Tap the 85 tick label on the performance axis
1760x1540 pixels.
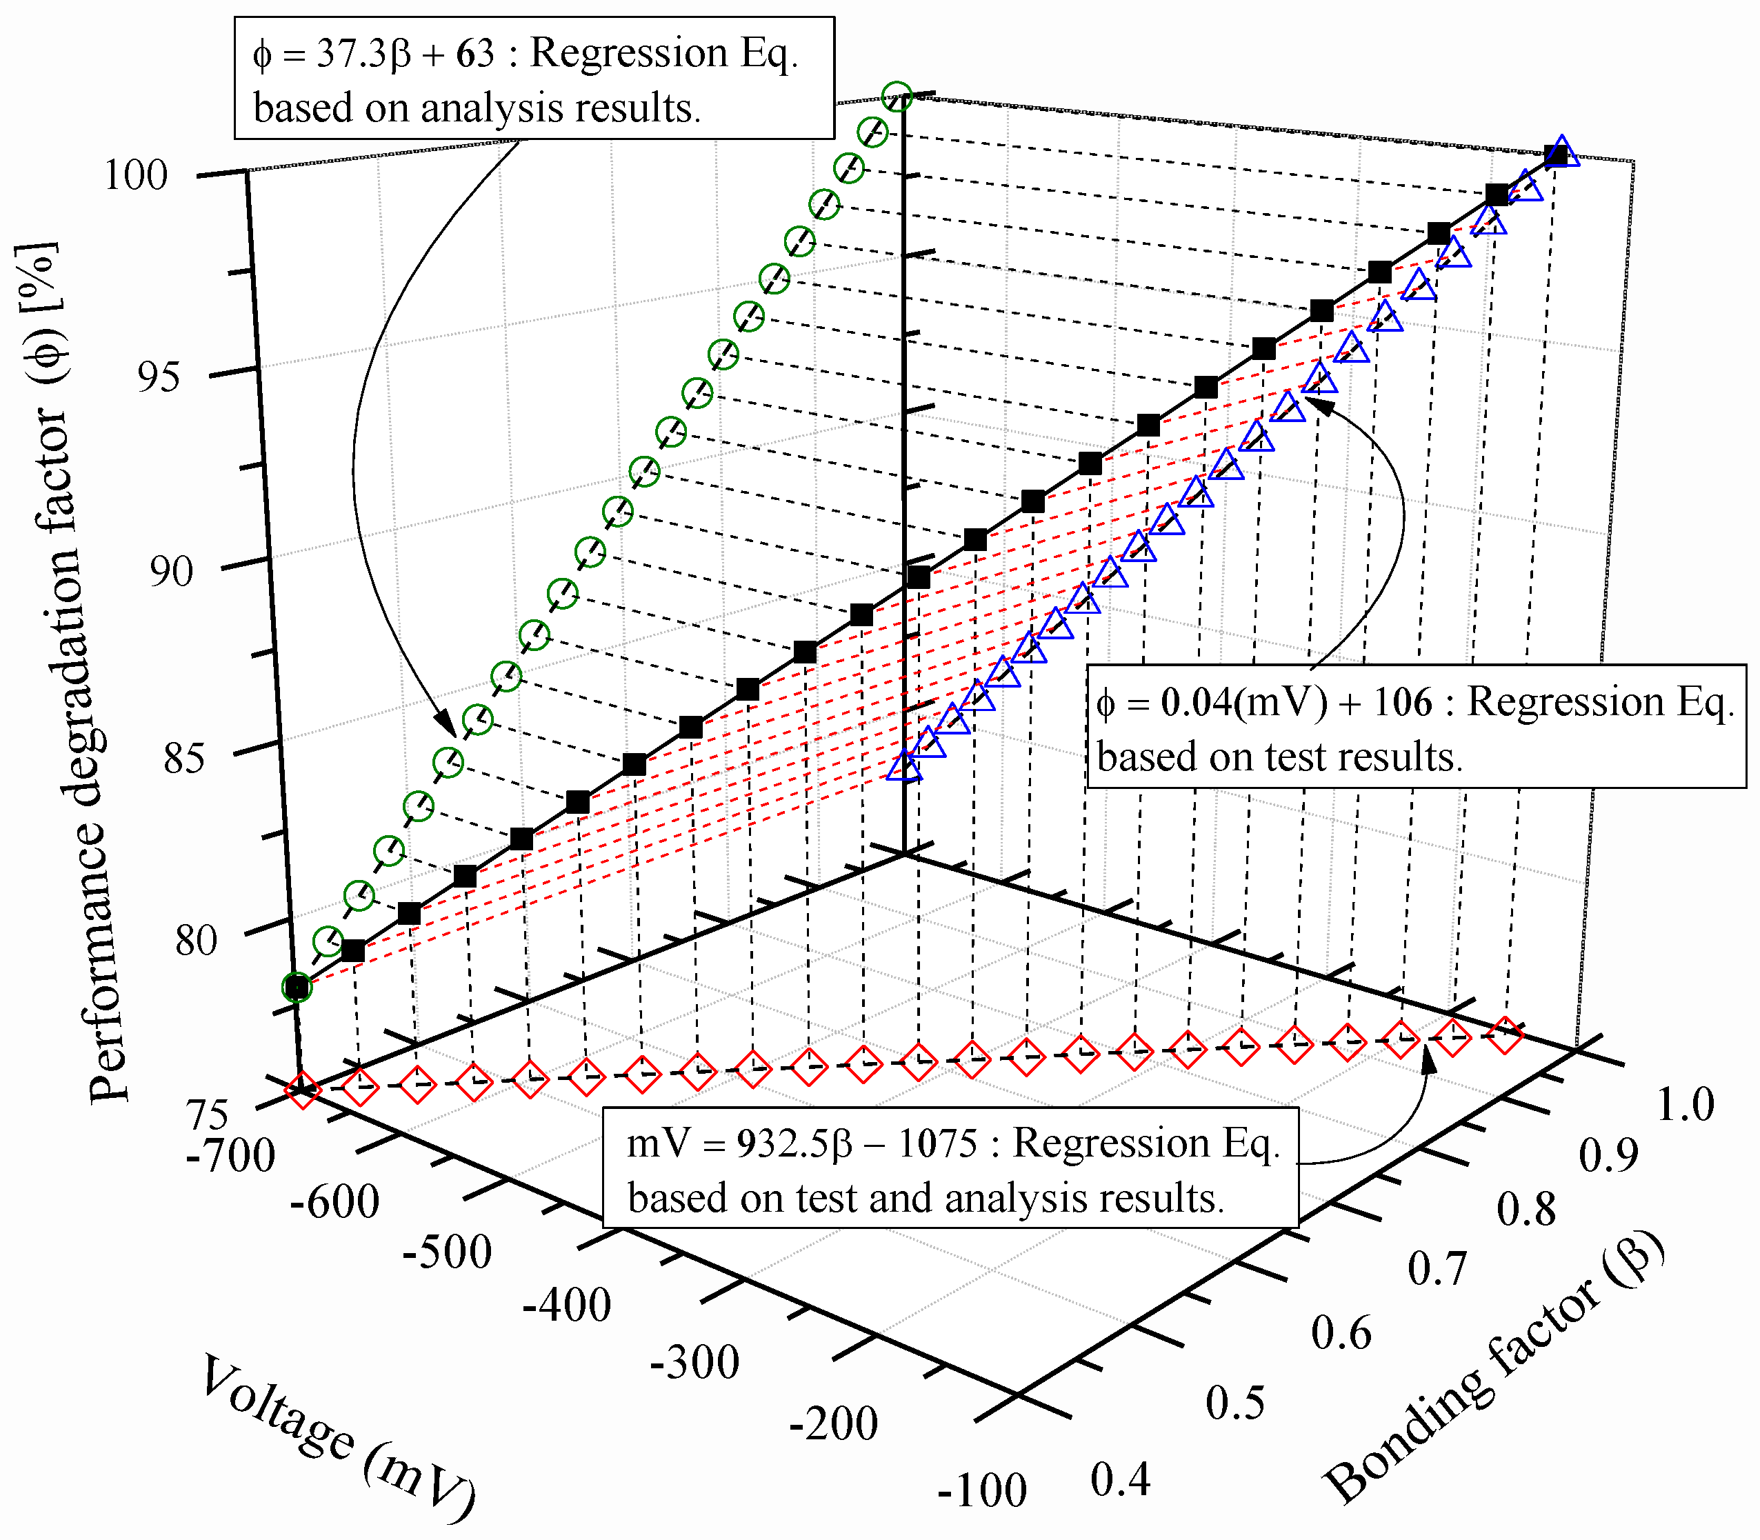coord(184,759)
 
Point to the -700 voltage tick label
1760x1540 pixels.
coord(230,1157)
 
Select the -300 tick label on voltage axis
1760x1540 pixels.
coord(694,1363)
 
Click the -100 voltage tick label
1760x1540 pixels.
coord(981,1491)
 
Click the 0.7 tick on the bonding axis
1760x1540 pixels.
coord(1437,1268)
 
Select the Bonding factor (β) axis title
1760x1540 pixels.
coord(1495,1366)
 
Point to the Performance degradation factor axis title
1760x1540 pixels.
coord(60,670)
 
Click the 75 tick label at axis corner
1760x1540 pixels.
coord(209,1115)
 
